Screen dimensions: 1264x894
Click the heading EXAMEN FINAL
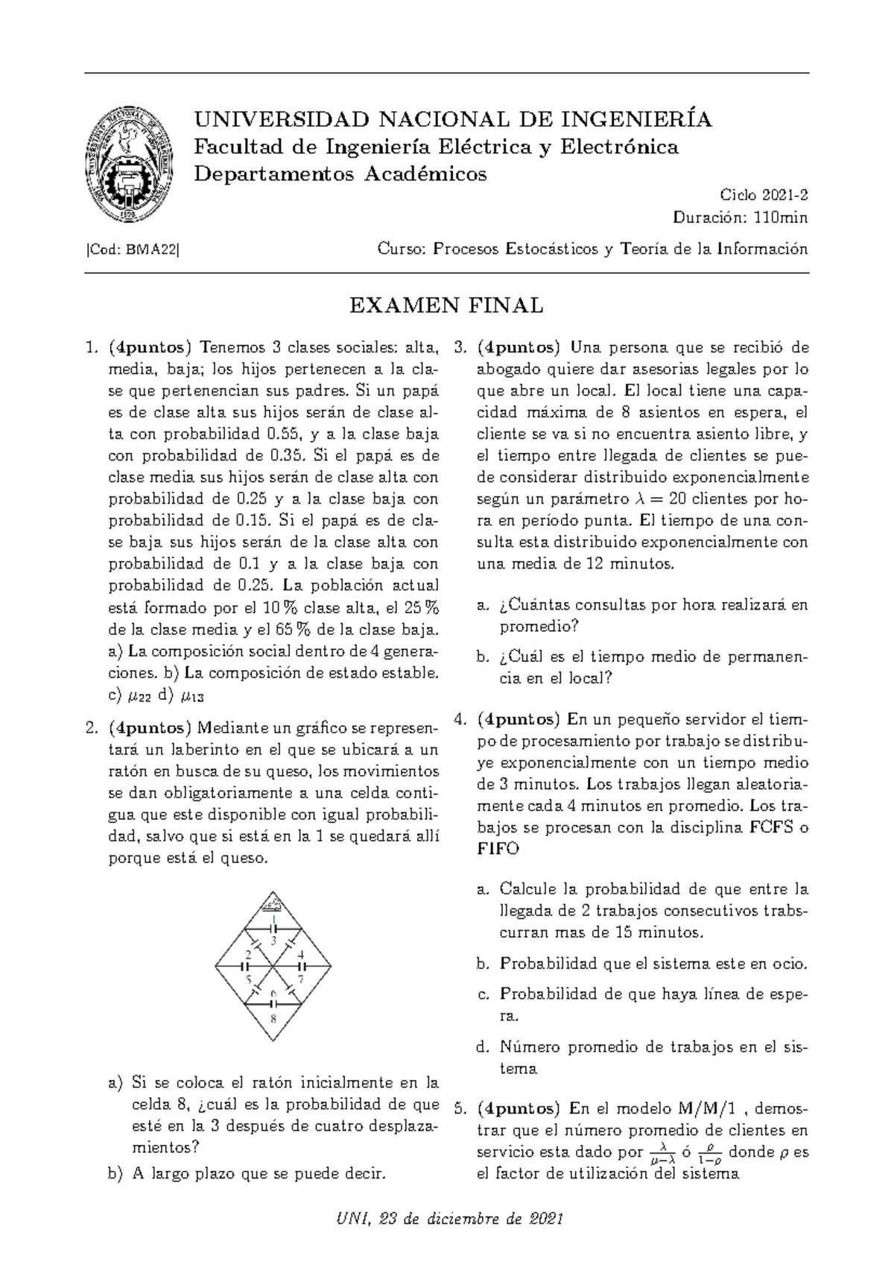(446, 306)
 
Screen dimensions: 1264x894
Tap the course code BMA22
(152, 250)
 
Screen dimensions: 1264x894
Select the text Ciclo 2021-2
(764, 195)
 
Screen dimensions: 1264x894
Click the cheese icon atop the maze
(273, 906)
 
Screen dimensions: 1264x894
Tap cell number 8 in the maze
(273, 1018)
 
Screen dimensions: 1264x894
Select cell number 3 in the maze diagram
(273, 941)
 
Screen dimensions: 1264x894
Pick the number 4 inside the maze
(301, 954)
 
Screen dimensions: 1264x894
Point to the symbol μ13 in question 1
(192, 697)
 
